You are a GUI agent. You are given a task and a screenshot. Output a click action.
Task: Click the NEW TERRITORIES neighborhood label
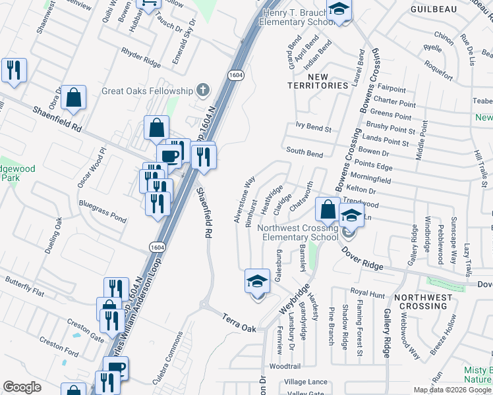coord(318,86)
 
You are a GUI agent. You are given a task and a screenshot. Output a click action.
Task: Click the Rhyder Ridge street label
coord(140,58)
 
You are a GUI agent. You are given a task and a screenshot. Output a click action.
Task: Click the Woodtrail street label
coord(285,365)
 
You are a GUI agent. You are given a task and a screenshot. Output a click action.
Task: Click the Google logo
coord(22,387)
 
